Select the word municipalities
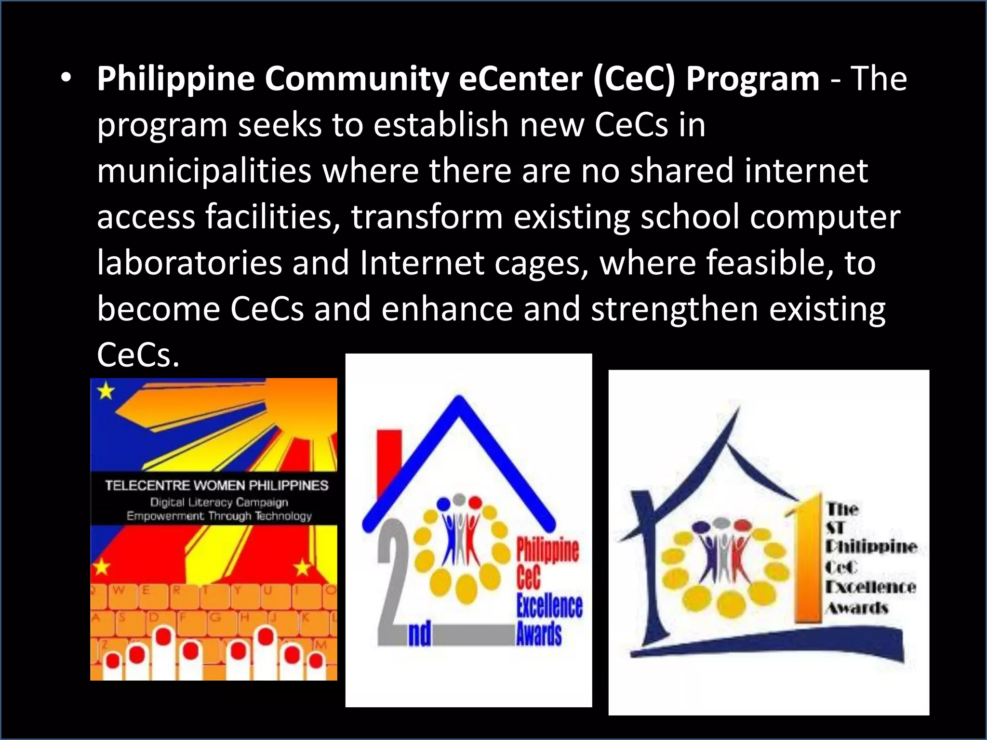pyautogui.click(x=204, y=171)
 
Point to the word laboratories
pyautogui.click(x=189, y=263)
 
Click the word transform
pyautogui.click(x=427, y=217)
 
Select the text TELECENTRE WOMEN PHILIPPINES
pyautogui.click(x=216, y=485)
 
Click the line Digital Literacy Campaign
pyautogui.click(x=219, y=502)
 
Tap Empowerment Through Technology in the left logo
pyautogui.click(x=219, y=516)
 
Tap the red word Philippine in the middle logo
pyautogui.click(x=547, y=550)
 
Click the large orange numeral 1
pyautogui.click(x=809, y=559)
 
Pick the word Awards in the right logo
pyautogui.click(x=857, y=608)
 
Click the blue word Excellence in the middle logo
pyautogui.click(x=549, y=606)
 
